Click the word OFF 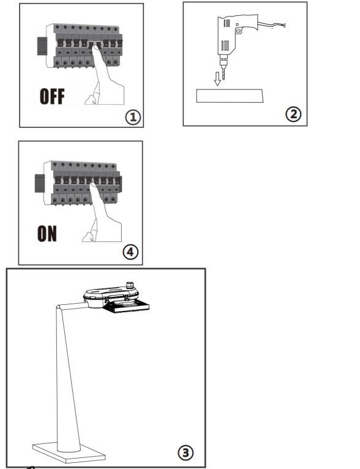pos(52,96)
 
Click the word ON pos(47,234)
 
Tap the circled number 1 pos(133,117)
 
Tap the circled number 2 pos(293,114)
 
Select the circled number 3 pos(186,452)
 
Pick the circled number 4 pos(130,252)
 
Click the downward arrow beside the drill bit pos(217,78)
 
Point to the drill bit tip pos(223,79)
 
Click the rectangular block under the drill pos(230,96)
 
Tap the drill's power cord pos(272,25)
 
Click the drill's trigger pos(238,31)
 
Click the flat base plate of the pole pos(69,452)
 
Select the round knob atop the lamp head pos(130,285)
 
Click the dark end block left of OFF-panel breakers pos(42,46)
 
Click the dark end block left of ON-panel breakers pos(40,183)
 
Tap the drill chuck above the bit pos(223,62)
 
